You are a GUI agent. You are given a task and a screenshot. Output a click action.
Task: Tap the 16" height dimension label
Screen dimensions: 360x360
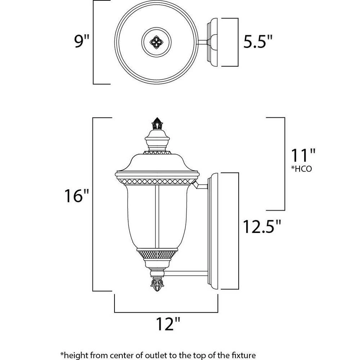[76, 195]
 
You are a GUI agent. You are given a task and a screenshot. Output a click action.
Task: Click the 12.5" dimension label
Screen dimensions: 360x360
[262, 226]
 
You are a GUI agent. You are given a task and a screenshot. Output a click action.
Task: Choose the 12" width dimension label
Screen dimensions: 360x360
[168, 324]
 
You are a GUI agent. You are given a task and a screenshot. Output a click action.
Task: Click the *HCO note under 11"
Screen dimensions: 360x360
[301, 169]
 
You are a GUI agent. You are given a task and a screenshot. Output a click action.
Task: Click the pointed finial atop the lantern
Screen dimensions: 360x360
[157, 123]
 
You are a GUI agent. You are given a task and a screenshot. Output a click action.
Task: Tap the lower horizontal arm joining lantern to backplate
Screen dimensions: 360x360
[186, 273]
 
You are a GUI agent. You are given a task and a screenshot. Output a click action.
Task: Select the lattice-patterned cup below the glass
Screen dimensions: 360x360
[157, 255]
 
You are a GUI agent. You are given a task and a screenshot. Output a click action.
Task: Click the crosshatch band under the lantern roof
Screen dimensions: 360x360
[156, 181]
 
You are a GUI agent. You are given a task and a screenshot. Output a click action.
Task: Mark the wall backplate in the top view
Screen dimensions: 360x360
[212, 42]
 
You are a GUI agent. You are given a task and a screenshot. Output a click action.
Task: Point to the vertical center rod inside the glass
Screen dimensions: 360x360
[157, 217]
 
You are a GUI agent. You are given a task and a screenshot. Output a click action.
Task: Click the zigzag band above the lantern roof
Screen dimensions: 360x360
[157, 152]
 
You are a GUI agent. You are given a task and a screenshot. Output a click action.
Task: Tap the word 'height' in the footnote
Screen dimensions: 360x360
[75, 355]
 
